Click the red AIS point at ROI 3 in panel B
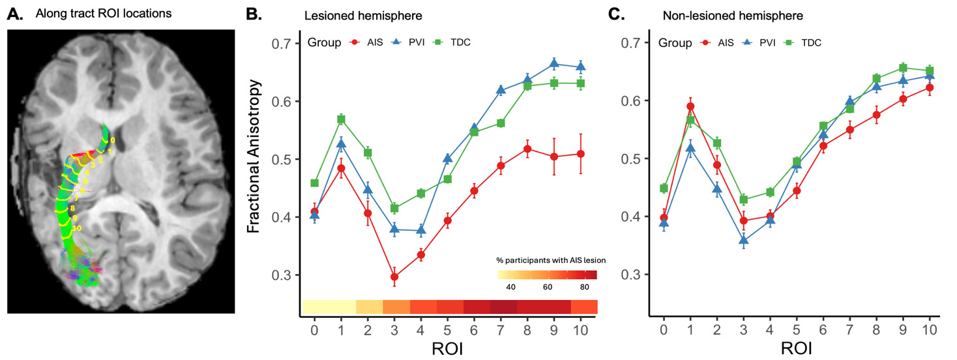click(394, 277)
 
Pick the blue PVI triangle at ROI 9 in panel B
click(554, 63)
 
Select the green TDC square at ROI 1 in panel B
click(340, 119)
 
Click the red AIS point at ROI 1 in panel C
click(690, 106)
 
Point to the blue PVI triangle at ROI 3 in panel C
click(744, 241)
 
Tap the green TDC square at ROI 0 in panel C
click(664, 188)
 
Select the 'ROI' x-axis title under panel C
click(797, 349)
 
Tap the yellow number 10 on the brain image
click(76, 228)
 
